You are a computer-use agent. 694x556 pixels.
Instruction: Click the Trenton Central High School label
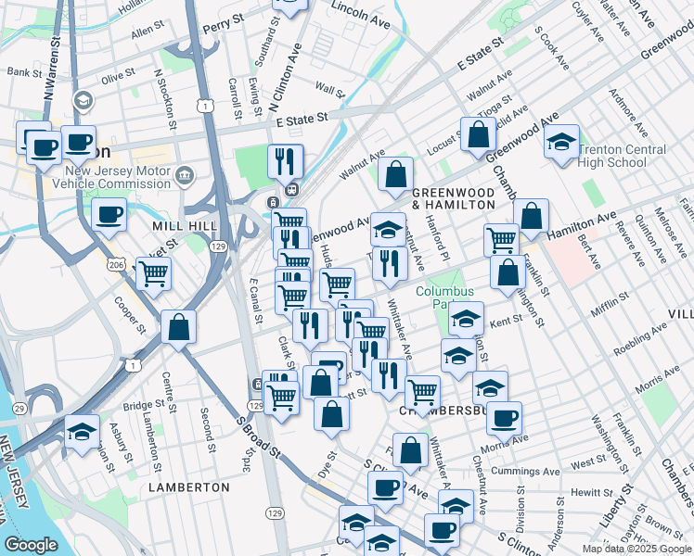click(x=622, y=156)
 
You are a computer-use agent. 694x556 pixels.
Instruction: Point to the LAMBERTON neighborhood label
click(x=188, y=486)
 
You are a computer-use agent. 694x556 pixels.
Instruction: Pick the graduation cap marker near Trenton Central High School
click(x=561, y=142)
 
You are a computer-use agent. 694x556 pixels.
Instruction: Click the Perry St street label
click(x=224, y=21)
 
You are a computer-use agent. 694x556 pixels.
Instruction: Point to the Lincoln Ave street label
click(x=361, y=14)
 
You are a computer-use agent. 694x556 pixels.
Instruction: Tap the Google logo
click(x=32, y=545)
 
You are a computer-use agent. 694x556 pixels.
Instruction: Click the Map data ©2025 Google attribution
click(x=636, y=549)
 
